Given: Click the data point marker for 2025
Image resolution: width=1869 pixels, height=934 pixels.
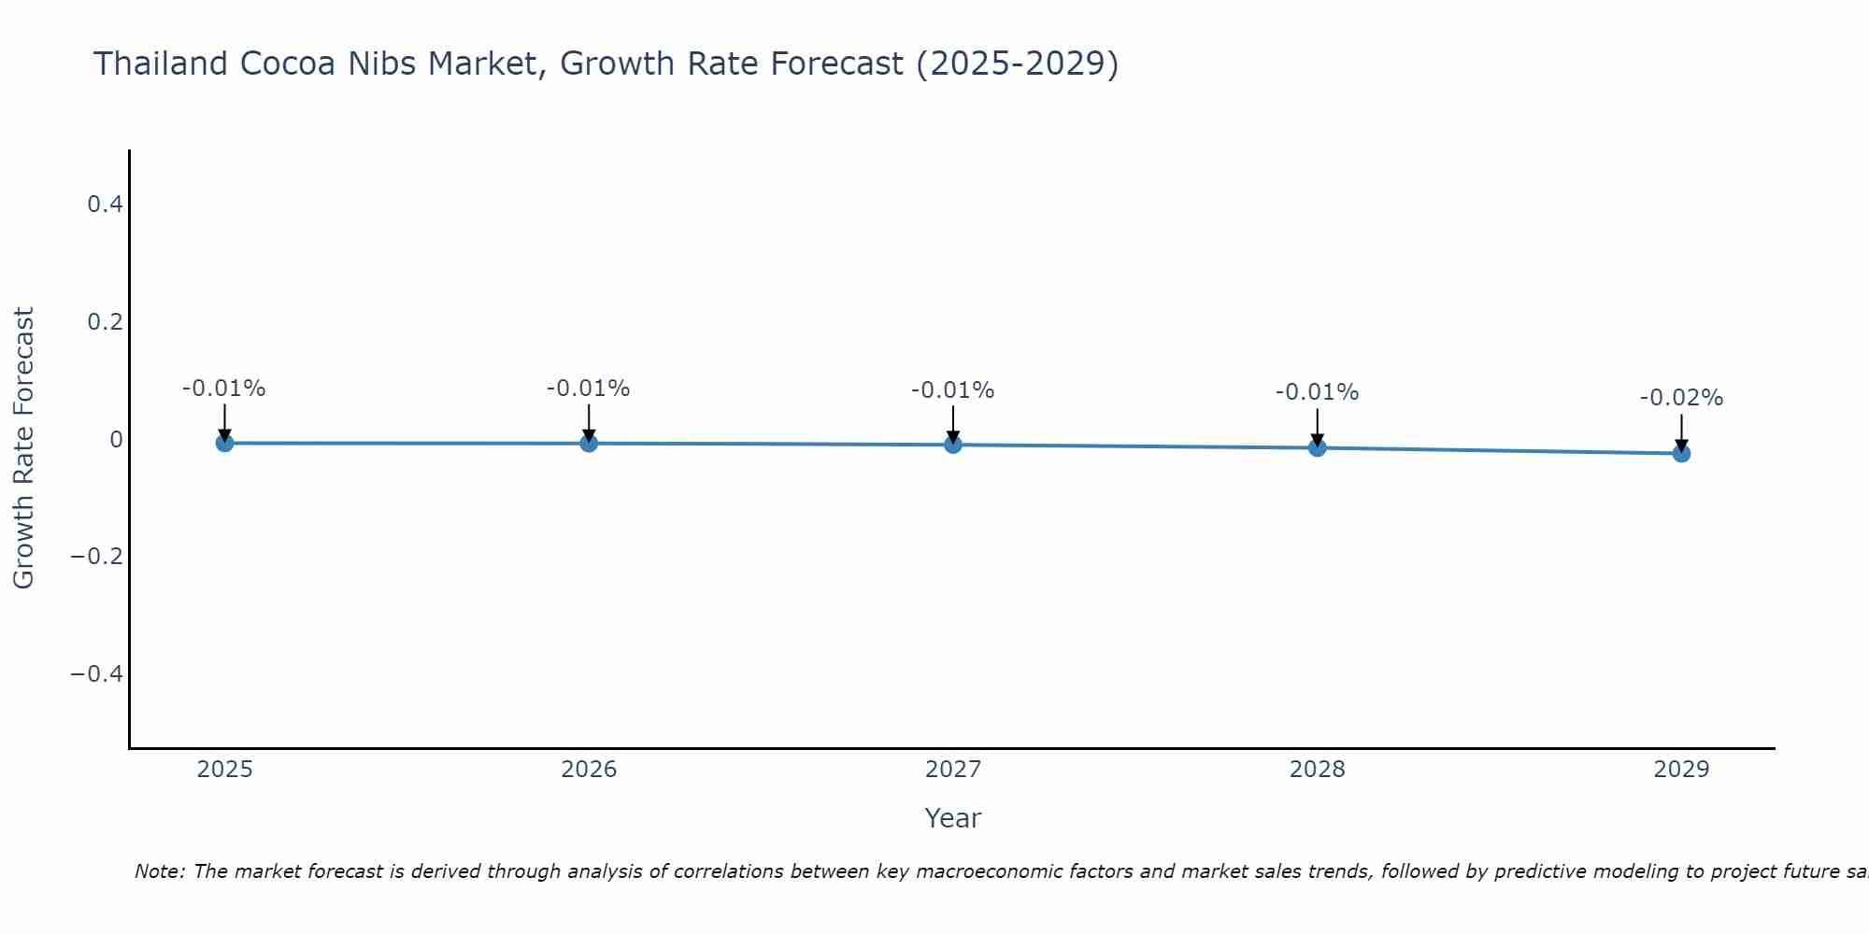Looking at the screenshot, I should coord(224,443).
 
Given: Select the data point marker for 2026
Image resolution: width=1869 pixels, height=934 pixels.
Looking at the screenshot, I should coord(589,443).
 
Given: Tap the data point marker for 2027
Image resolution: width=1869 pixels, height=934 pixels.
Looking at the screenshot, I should coord(953,445).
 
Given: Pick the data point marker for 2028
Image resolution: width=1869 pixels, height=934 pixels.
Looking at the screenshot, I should coord(1318,447).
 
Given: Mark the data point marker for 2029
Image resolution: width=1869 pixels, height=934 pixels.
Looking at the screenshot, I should coord(1681,453).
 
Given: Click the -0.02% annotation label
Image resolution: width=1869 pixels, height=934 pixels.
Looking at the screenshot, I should coord(1681,398).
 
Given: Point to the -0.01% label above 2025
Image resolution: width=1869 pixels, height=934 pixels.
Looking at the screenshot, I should coord(224,389).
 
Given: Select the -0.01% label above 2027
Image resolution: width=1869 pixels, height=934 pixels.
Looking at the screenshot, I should coord(953,390).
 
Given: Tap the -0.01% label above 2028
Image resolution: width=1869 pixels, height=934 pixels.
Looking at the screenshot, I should coord(1318,392).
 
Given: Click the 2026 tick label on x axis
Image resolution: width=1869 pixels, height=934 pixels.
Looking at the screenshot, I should coord(589,770).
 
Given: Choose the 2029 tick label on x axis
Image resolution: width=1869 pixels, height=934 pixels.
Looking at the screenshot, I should coord(1681,770).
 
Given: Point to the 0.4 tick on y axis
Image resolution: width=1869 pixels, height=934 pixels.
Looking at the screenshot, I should coord(105,204).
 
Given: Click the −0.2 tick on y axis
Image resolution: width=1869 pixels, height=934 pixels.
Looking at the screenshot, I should coord(97,557).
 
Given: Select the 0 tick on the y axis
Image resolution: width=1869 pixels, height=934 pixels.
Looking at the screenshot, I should coord(116,439).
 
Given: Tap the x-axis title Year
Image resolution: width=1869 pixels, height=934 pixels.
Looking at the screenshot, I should coord(953,818).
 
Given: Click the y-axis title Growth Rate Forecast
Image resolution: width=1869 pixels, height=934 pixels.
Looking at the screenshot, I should coord(23,448).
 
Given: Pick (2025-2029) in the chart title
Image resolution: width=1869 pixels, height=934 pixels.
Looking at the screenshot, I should coord(1017,64).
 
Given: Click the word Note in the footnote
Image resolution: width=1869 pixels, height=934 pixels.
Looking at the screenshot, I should coord(159,871).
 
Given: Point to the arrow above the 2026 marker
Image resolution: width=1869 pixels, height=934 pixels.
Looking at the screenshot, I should coord(589,422).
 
